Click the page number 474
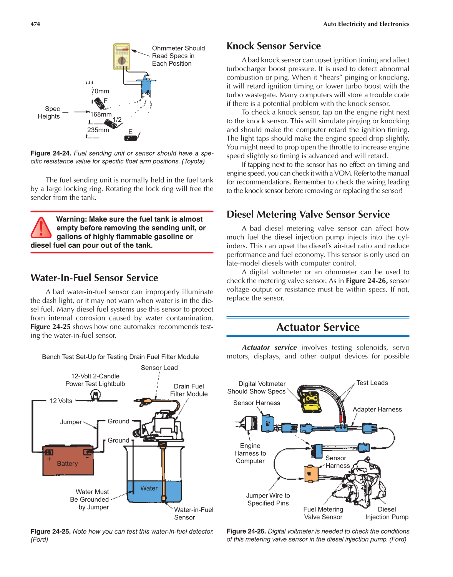tap(35, 24)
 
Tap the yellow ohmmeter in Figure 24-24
tap(122, 56)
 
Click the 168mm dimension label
tap(101, 114)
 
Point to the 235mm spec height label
tap(98, 130)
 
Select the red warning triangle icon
tap(41, 228)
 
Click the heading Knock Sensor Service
tap(273, 46)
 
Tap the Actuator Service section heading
tap(318, 327)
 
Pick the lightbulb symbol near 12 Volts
tap(95, 395)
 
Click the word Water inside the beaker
tap(149, 488)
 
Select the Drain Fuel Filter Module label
tap(189, 390)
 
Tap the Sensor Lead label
tap(159, 368)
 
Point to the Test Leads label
tap(372, 383)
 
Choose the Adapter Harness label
tap(377, 410)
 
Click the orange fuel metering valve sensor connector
tap(311, 474)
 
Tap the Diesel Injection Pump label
tap(387, 513)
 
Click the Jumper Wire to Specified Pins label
tap(268, 499)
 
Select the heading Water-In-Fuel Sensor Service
tap(94, 278)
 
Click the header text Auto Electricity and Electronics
tap(366, 24)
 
